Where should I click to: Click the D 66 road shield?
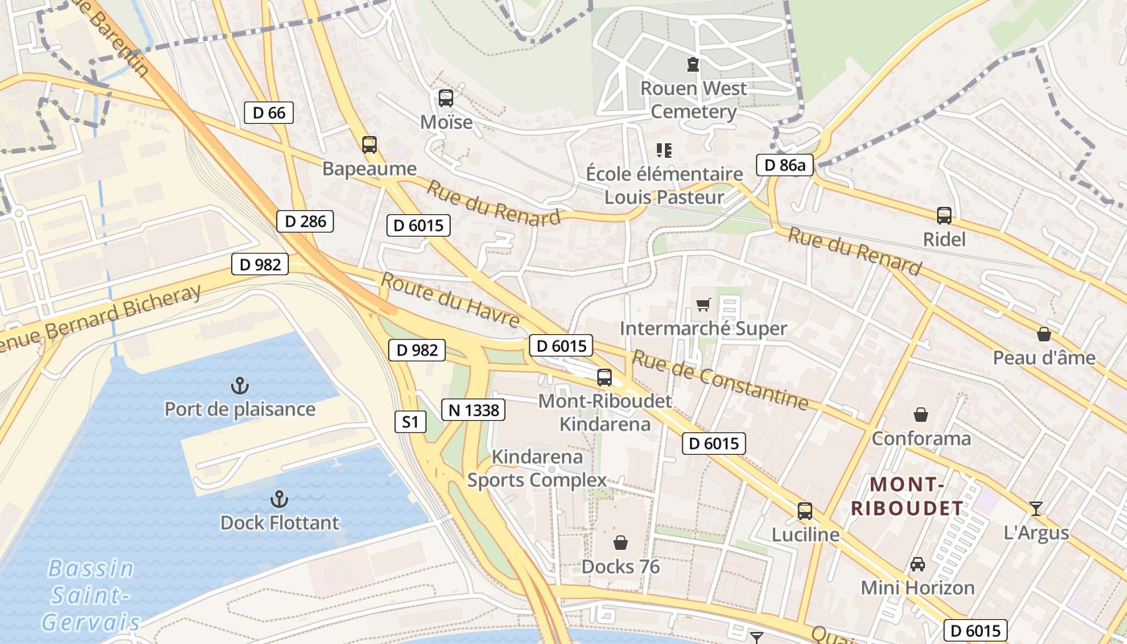269,113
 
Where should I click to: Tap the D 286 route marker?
304,221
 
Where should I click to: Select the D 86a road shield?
785,166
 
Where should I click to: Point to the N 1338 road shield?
473,410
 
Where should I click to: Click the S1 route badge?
411,421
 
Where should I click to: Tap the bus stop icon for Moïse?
445,98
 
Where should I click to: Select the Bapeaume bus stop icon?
369,145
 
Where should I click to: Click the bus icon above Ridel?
944,216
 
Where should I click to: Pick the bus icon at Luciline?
805,510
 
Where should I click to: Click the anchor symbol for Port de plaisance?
240,386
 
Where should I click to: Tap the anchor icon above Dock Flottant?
279,499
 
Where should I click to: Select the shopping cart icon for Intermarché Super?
704,304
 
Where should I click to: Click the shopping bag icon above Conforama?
921,415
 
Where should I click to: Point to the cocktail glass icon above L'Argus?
1036,508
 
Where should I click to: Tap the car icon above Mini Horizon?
918,563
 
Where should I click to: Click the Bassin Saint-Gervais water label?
90,595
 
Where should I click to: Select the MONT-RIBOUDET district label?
907,496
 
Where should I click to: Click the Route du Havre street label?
450,300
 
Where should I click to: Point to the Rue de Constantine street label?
719,378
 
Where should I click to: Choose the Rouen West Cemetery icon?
692,64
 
